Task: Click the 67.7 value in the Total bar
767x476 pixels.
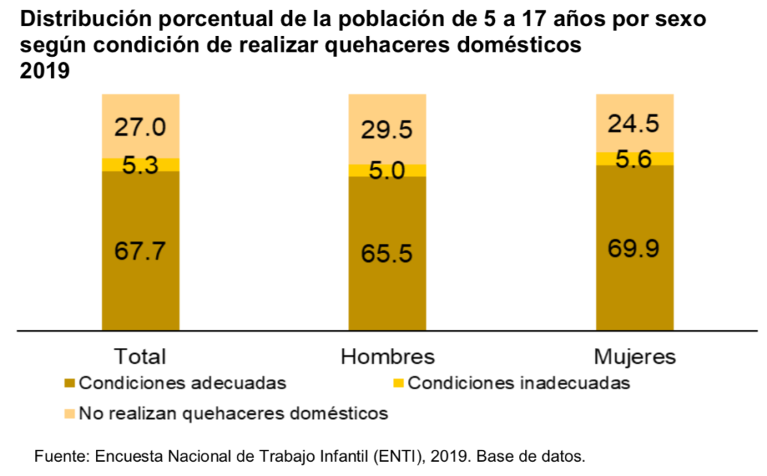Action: coord(140,251)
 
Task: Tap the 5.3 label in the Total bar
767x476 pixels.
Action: coord(140,166)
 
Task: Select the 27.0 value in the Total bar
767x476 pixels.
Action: coord(140,127)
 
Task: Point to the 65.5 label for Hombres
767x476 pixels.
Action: coord(387,254)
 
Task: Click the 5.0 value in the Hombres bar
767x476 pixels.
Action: coord(387,171)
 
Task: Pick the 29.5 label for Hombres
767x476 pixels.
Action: coord(387,130)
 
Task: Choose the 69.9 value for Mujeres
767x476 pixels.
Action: coord(634,248)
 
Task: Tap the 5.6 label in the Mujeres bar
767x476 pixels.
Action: coord(634,159)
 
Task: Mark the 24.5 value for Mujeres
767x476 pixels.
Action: coord(634,123)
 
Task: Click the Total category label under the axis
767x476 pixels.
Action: coord(140,356)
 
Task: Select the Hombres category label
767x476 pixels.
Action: coord(387,356)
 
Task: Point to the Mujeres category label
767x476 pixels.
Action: coord(634,356)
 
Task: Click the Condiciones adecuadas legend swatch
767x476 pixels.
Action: coord(70,384)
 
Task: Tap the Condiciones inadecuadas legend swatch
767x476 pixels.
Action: coord(398,384)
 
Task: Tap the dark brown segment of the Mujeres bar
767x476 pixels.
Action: coord(634,284)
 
